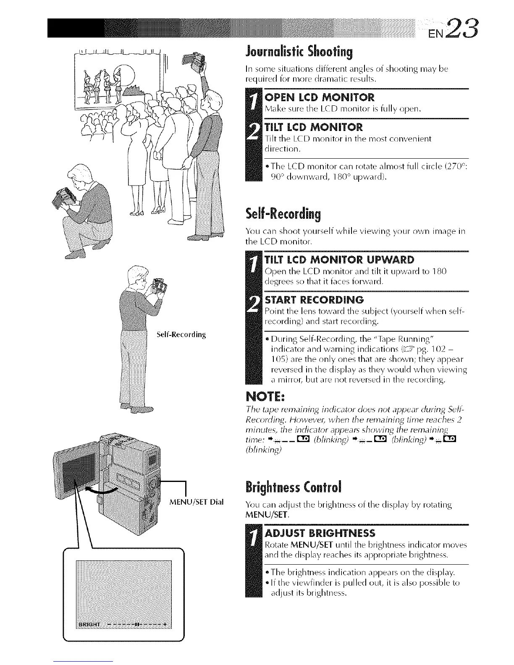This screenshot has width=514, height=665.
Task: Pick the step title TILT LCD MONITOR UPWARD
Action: (340, 259)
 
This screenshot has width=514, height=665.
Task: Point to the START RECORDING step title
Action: (315, 300)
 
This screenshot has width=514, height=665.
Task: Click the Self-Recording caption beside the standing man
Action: (181, 335)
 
